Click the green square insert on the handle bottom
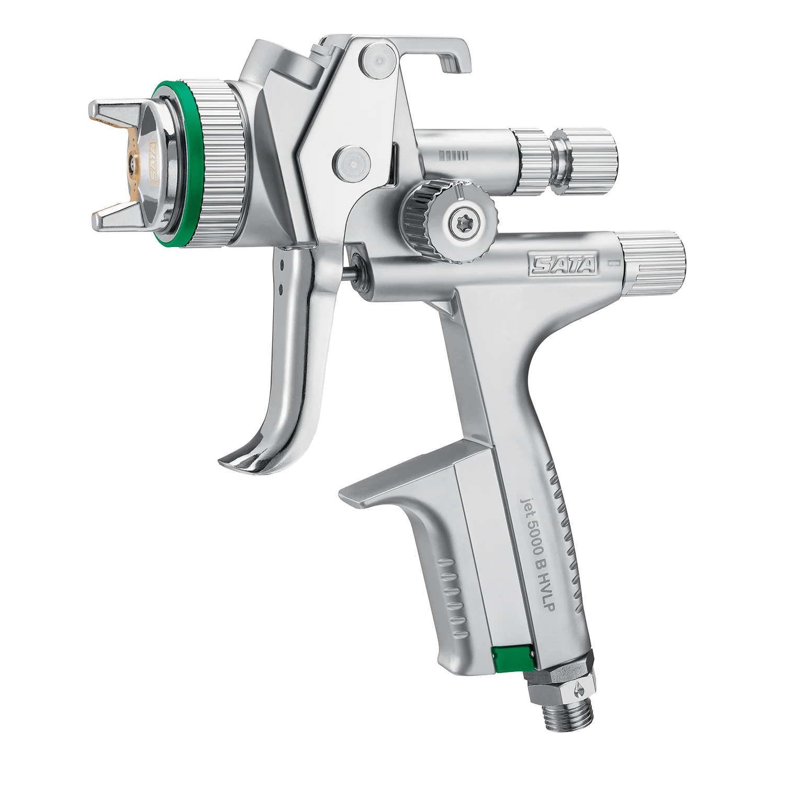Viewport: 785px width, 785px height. (x=512, y=657)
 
